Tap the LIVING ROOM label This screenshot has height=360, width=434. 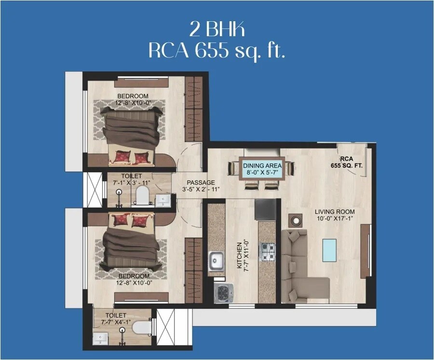pyautogui.click(x=335, y=212)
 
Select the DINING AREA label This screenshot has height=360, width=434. pyautogui.click(x=262, y=166)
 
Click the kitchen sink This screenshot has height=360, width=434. pyautogui.click(x=216, y=262)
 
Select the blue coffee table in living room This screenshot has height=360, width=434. pyautogui.click(x=329, y=250)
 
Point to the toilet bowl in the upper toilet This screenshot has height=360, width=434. pyautogui.click(x=142, y=195)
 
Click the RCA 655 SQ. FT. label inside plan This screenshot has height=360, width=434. pyautogui.click(x=347, y=162)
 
